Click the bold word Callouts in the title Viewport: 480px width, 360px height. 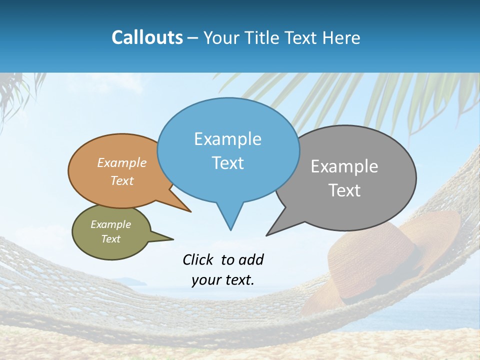click(147, 37)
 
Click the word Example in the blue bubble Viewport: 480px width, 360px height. click(227, 139)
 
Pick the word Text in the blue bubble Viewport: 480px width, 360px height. click(227, 163)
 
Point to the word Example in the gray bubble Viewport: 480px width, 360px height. click(344, 166)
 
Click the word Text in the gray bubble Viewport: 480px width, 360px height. click(344, 190)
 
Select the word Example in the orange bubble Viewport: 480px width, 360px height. click(121, 163)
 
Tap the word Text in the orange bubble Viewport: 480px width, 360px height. click(121, 181)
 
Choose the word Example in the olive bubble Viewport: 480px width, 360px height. click(110, 224)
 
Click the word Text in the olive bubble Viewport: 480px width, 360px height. click(110, 239)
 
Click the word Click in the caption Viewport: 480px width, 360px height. click(198, 259)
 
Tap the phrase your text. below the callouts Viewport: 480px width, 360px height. click(222, 280)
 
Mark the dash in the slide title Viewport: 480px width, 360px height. click(193, 38)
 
